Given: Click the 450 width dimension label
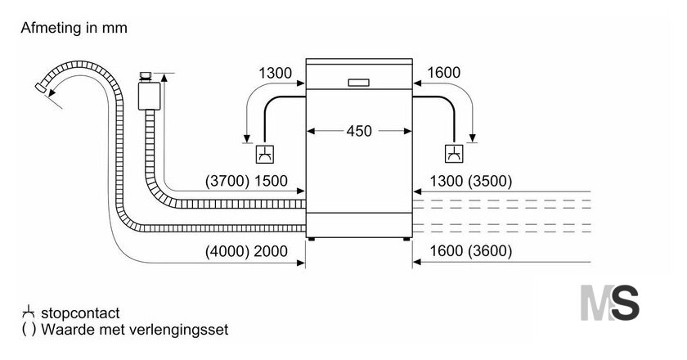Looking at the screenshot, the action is point(359,131).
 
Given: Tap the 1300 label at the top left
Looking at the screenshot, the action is point(275,73).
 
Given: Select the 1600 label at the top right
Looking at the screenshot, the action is point(443,72).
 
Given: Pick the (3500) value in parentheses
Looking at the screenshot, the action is point(490,181).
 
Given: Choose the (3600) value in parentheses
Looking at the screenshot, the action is point(490,251).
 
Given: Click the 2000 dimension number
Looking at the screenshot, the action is point(271,251).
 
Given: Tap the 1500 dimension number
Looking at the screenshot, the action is point(271,181).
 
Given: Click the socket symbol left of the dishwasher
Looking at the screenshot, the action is point(265,154).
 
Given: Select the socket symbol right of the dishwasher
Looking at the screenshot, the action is point(455,154).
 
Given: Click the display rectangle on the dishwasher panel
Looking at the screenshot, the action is point(359,83).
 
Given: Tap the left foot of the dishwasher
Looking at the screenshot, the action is point(311,239).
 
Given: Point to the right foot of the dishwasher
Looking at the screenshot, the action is point(406,239).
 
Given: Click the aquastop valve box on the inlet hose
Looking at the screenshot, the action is point(149,96).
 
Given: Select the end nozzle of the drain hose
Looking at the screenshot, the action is point(41,88).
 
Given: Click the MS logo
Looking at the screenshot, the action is point(609,303).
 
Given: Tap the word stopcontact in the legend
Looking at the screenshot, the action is point(80,313).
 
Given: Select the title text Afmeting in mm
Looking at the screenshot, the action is point(74,28).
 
